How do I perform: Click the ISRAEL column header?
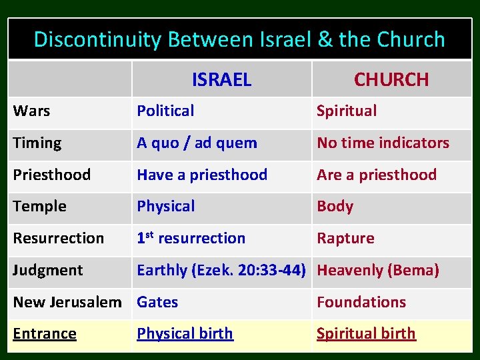[x=221, y=80]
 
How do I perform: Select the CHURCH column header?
[x=391, y=80]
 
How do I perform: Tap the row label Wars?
[x=31, y=111]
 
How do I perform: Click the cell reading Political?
[x=165, y=111]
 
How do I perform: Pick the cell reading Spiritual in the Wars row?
[x=347, y=111]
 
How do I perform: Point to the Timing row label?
[x=37, y=143]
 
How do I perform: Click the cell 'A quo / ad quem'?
[x=197, y=143]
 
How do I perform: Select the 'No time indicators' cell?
[x=383, y=143]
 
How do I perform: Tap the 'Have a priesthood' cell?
[x=202, y=175]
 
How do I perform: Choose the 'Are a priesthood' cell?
[x=377, y=175]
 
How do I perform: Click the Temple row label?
[x=39, y=207]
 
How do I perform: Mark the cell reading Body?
[x=335, y=207]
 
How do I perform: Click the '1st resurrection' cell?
[x=191, y=238]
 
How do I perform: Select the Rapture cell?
[x=345, y=238]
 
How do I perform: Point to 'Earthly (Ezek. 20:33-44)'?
[x=221, y=270]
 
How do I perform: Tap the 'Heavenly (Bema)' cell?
[x=378, y=270]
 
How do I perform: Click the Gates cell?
[x=157, y=302]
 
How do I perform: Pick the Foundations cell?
[x=361, y=302]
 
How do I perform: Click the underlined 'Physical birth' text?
[x=185, y=333]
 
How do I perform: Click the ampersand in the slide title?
[x=325, y=40]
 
